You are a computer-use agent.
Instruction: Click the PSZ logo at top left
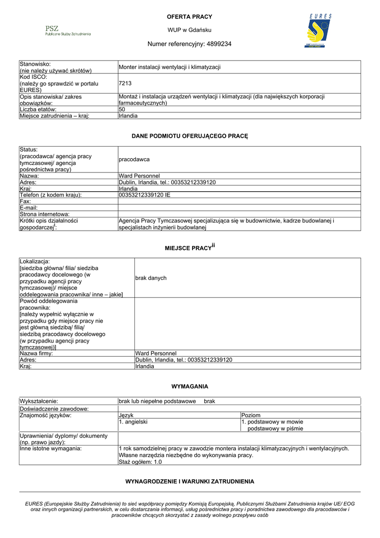pos(67,30)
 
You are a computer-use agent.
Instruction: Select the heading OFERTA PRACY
pos(189,17)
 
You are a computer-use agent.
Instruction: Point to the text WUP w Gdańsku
pos(189,30)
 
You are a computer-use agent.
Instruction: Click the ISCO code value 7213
pos(125,83)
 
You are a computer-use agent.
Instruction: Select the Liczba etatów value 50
pos(122,109)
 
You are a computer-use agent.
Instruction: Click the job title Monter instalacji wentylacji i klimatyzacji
pos(170,67)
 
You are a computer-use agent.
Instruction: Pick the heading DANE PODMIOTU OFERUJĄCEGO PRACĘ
pos(189,136)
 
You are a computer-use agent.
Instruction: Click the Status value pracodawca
pos(134,159)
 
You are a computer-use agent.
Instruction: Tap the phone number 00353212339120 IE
pos(145,195)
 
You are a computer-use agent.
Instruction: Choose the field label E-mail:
pos(30,208)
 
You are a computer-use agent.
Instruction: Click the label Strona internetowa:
pos(45,214)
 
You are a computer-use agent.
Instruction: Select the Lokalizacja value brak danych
pos(151,278)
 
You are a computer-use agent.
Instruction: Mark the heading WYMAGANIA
pos(189,386)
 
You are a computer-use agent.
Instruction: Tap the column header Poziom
pos(251,415)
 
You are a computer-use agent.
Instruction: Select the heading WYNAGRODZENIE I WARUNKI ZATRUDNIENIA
pos(189,481)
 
